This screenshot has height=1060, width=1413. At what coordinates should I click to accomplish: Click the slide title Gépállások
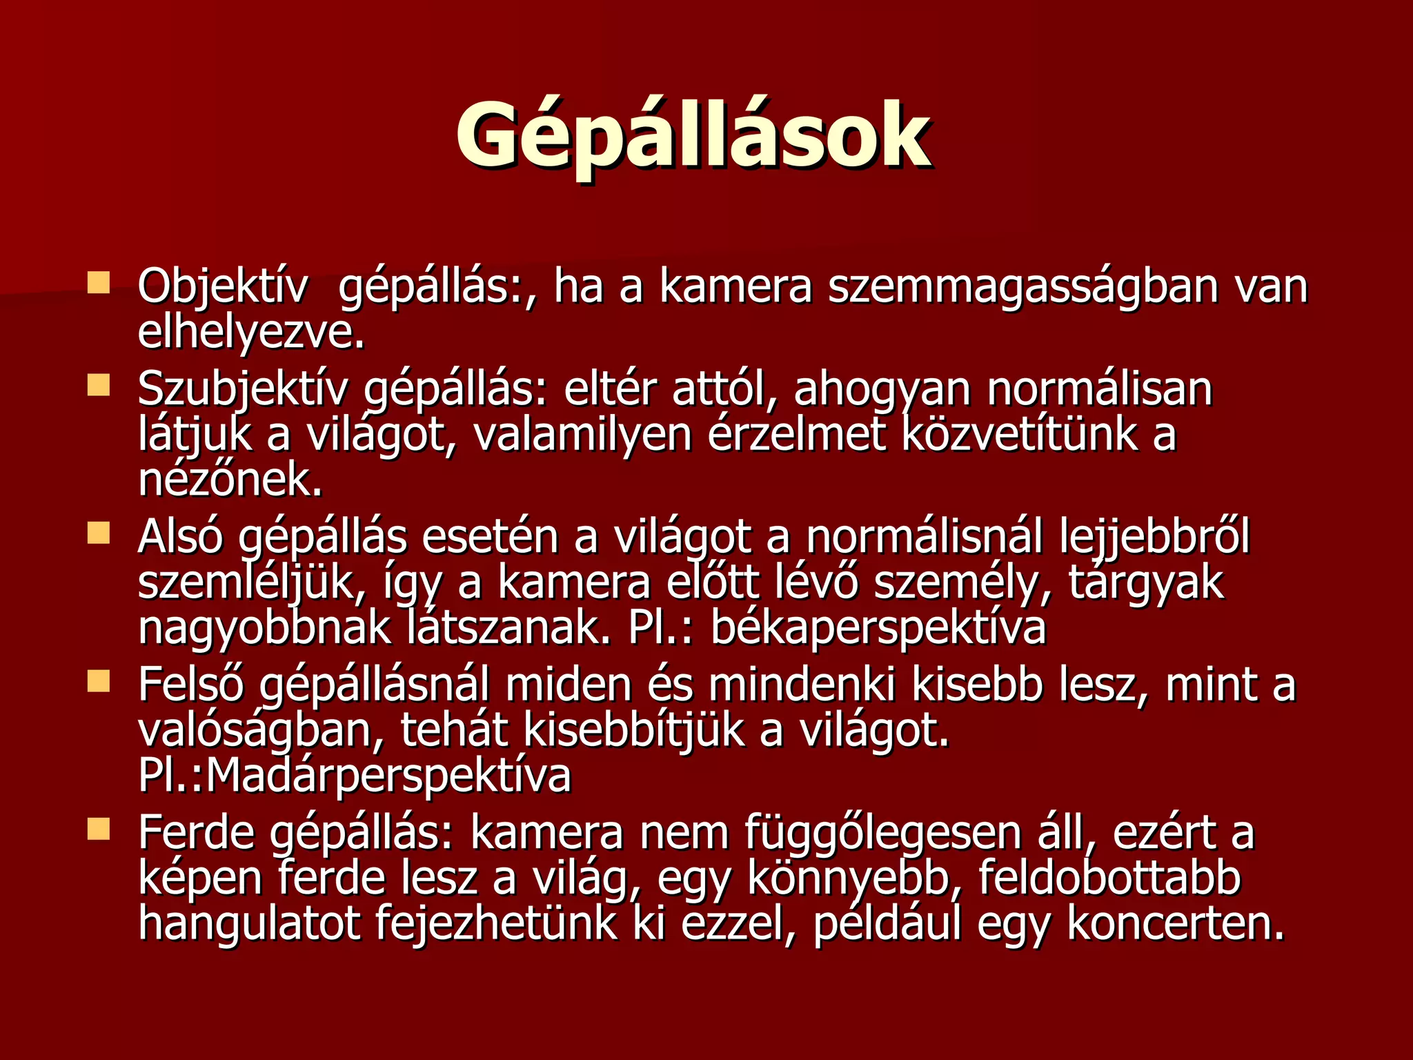(x=693, y=135)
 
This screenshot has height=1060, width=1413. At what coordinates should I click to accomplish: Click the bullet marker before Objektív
(x=99, y=283)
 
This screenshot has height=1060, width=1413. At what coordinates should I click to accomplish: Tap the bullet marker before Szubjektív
(x=99, y=385)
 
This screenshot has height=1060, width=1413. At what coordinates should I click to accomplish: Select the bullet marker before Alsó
(x=99, y=533)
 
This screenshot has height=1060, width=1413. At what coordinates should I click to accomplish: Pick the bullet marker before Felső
(x=99, y=682)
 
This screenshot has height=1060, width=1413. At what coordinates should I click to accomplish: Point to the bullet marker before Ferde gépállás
(x=99, y=830)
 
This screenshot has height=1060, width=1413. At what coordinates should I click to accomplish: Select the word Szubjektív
(x=243, y=389)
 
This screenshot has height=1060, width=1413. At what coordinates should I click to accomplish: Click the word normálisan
(x=1099, y=389)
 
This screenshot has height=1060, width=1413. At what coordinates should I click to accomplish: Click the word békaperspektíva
(x=878, y=629)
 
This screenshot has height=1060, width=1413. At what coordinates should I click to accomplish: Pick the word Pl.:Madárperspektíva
(x=355, y=776)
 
